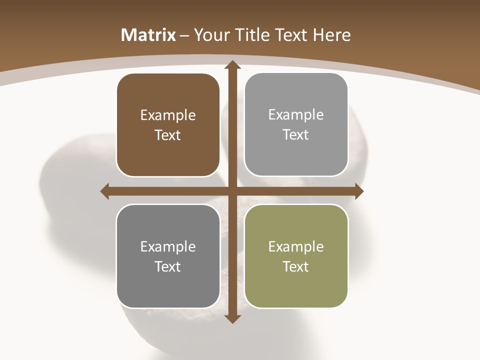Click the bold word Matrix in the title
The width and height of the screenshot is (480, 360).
(x=148, y=35)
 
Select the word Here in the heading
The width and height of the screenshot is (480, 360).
(x=332, y=35)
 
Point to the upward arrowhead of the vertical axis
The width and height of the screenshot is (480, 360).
(x=232, y=65)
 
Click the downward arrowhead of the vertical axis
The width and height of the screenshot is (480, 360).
(x=232, y=319)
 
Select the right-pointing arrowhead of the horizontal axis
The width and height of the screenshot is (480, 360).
(x=358, y=191)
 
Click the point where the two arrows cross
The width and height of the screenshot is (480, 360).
(x=232, y=191)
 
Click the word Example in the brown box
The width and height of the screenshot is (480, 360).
(x=168, y=115)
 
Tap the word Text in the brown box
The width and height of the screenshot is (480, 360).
(x=168, y=135)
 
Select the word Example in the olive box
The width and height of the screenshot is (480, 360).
(x=296, y=246)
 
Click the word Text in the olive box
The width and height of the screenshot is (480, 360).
(x=296, y=266)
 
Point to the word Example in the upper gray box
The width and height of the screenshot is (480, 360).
(x=296, y=115)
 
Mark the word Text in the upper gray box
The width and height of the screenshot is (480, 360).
(x=296, y=135)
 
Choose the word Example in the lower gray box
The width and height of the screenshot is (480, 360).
(x=168, y=246)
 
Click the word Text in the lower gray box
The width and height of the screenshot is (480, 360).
(x=168, y=266)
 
